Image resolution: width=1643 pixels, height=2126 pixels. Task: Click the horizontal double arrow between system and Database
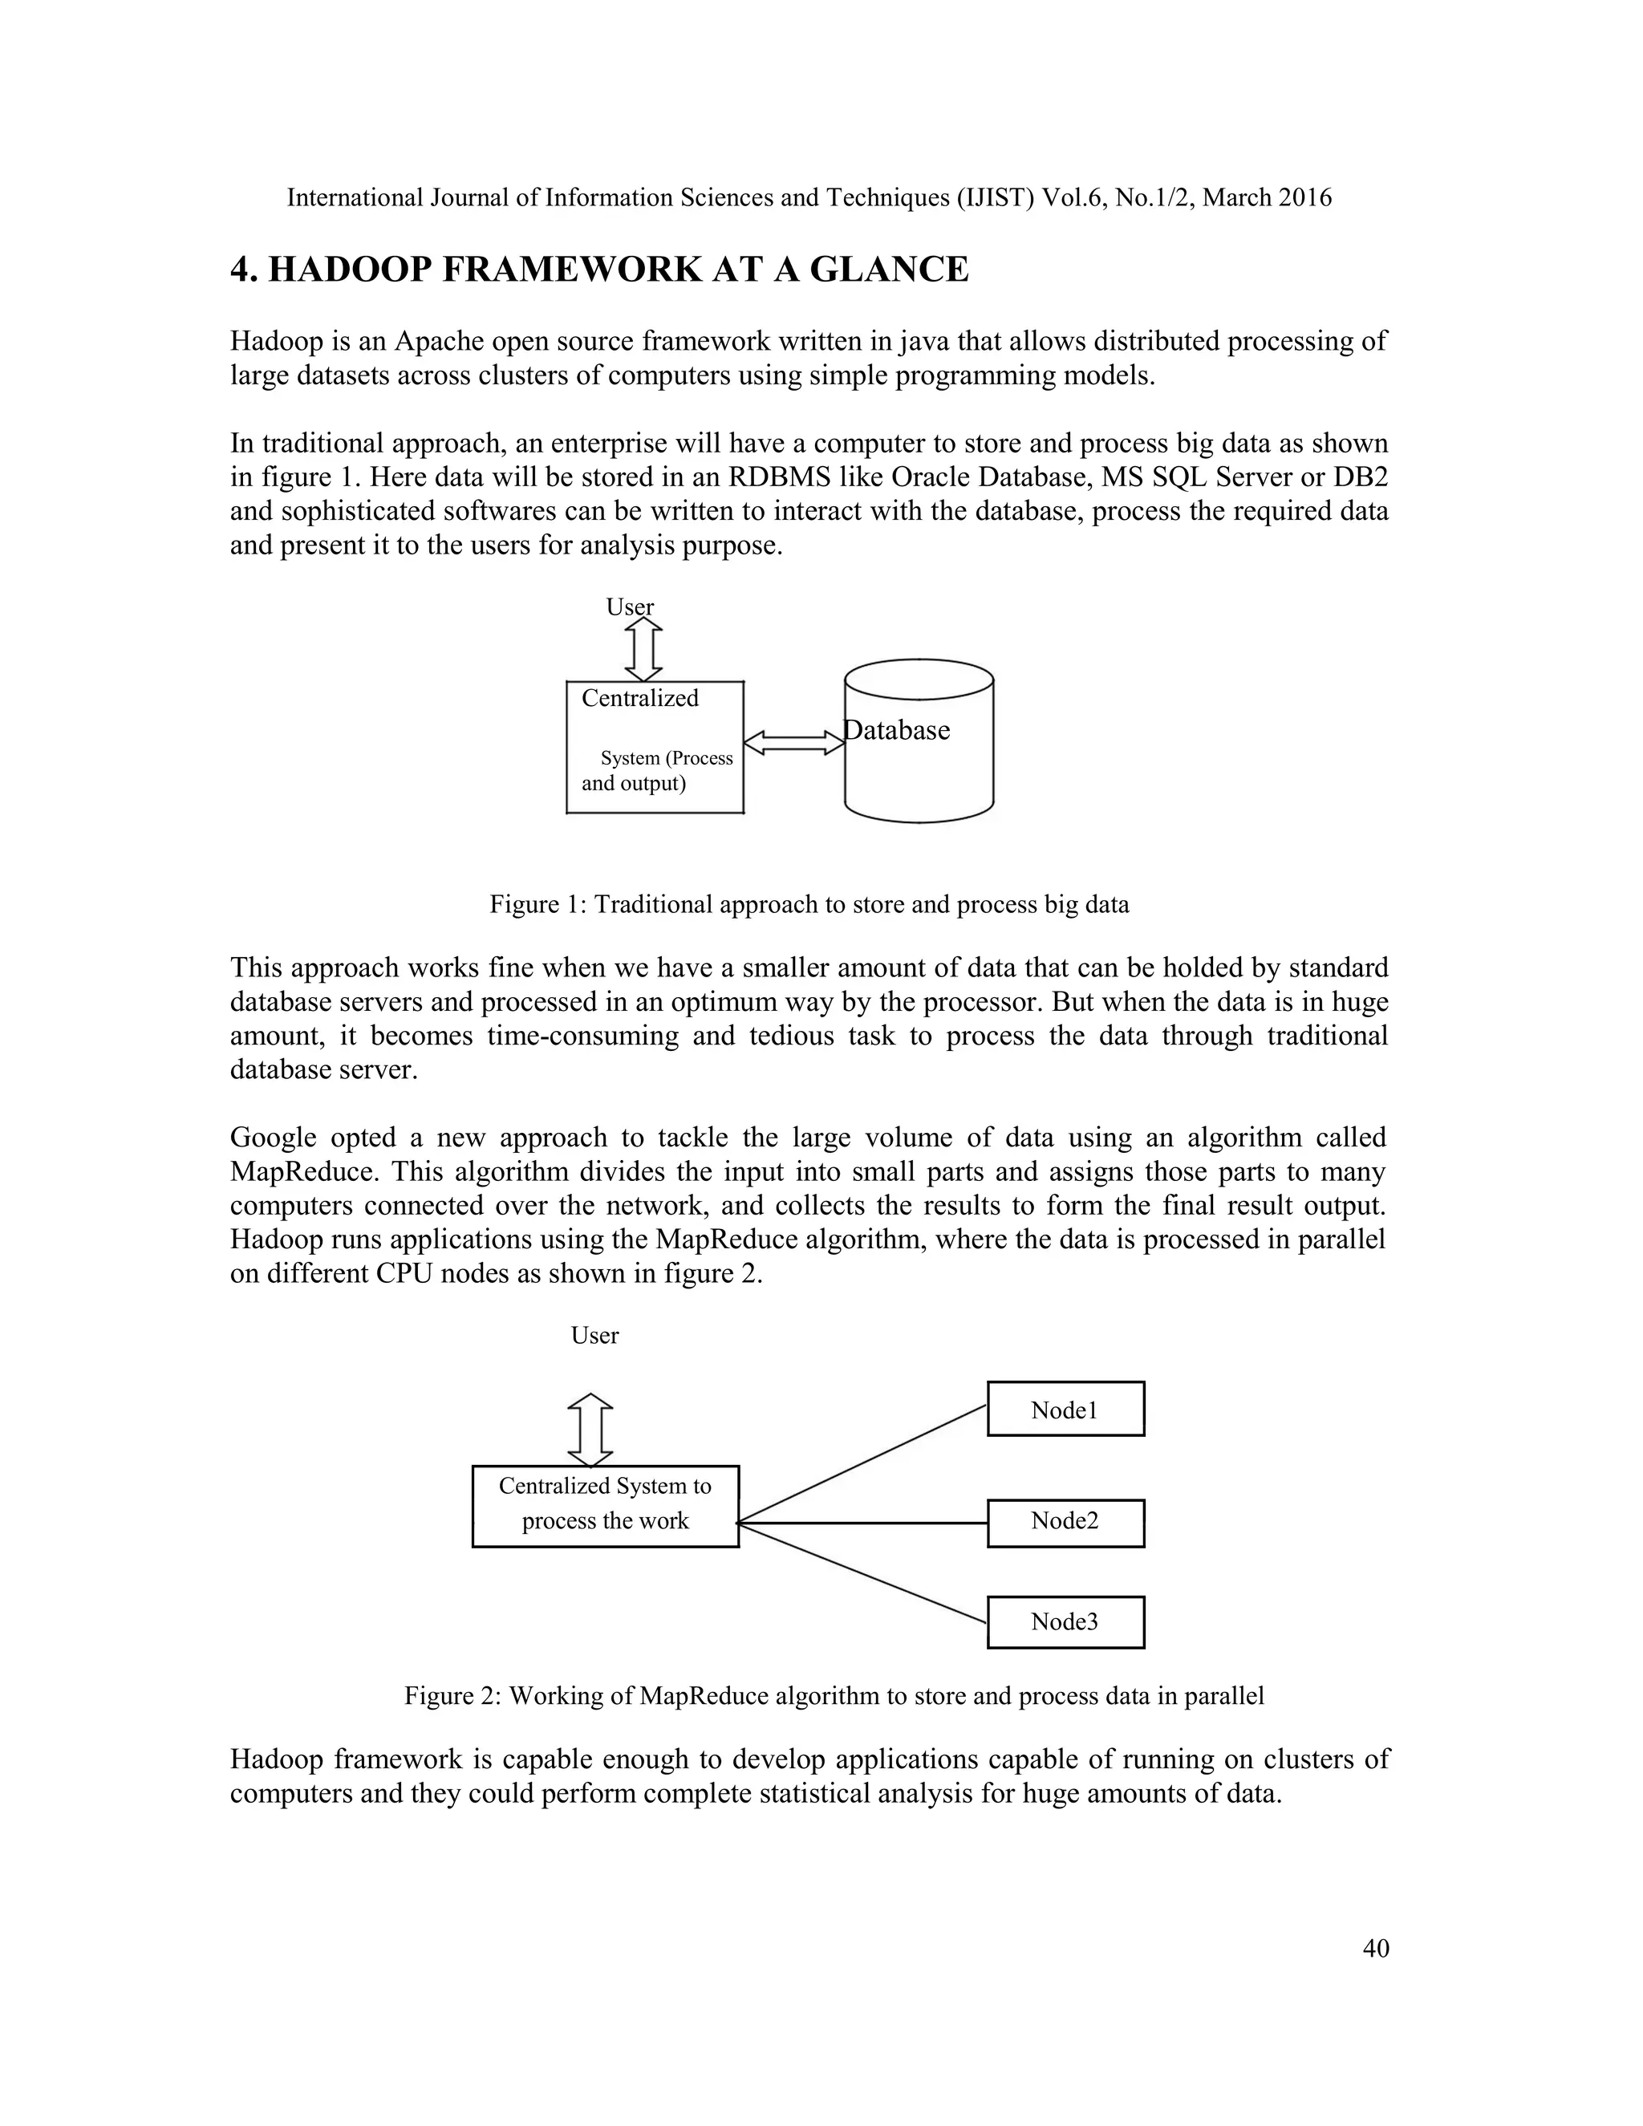click(794, 744)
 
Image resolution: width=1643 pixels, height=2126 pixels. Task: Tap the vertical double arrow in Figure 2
click(590, 1430)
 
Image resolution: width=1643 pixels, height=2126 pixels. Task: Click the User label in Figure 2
click(594, 1336)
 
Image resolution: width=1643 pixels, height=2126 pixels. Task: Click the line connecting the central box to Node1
click(862, 1463)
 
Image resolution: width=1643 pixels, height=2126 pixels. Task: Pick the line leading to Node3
click(862, 1572)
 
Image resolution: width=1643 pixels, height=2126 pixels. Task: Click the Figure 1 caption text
click(809, 904)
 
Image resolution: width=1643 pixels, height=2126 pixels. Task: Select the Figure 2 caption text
click(834, 1696)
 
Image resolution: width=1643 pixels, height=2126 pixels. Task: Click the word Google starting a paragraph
click(273, 1137)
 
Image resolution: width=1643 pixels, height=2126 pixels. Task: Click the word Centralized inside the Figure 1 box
click(639, 698)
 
